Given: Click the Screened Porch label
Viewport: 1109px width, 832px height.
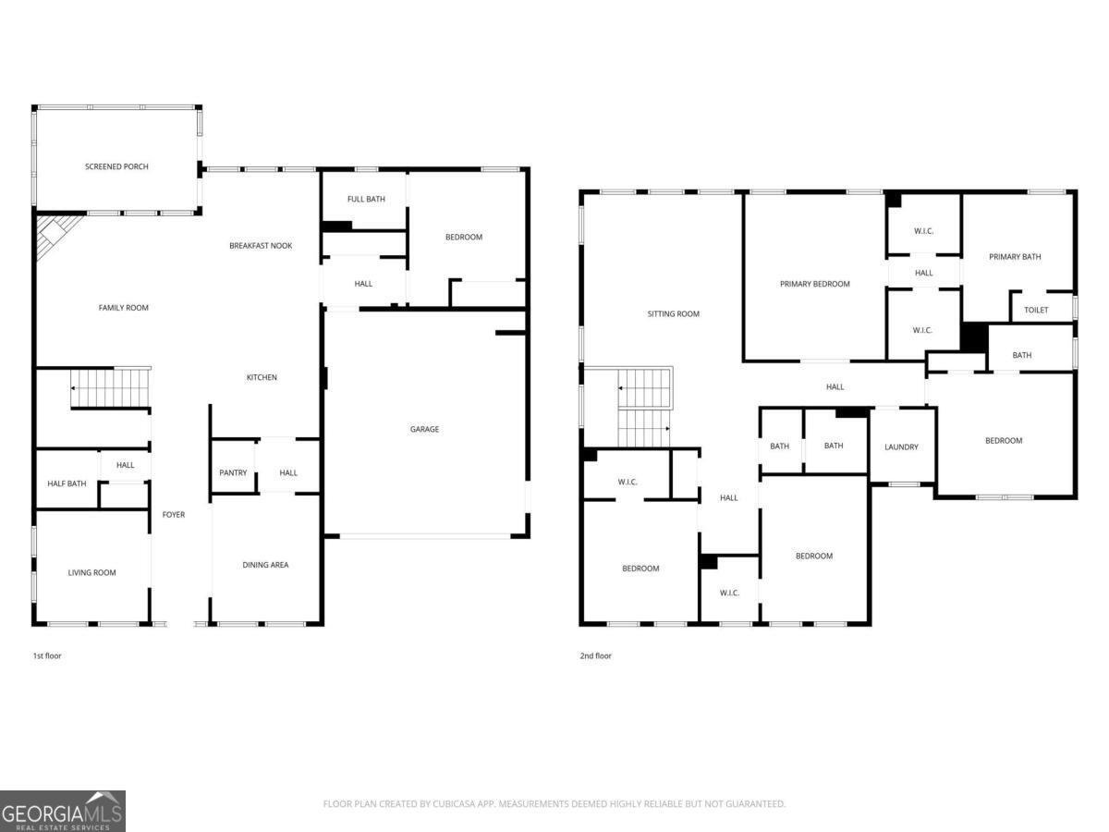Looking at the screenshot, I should (x=116, y=166).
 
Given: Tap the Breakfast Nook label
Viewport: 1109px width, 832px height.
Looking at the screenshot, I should (x=261, y=245).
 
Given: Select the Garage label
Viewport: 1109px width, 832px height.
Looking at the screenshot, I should (x=424, y=429).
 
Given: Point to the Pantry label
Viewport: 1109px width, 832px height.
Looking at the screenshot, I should (x=233, y=472).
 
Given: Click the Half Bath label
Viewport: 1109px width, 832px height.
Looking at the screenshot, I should (x=67, y=483).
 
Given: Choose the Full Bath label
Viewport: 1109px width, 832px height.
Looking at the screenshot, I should (x=366, y=199).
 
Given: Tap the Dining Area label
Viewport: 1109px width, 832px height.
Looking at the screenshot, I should (x=265, y=564).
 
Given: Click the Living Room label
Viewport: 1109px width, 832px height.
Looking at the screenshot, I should (x=91, y=572).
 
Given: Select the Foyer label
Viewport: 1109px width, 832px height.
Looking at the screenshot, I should (x=174, y=514).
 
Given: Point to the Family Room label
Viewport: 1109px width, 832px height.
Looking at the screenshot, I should (x=123, y=308).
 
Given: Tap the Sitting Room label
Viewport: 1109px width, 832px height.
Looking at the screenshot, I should (x=673, y=313).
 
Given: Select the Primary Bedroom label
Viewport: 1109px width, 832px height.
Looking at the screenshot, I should (x=814, y=284).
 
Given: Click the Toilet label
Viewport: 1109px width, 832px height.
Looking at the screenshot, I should (x=1036, y=310).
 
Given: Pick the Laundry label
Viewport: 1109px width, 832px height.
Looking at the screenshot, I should (x=901, y=447).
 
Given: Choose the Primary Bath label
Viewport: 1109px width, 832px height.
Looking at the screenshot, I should (x=1015, y=256).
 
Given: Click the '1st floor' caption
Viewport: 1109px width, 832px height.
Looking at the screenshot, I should (x=47, y=655).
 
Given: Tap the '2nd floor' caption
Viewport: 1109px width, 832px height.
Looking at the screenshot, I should (x=596, y=655).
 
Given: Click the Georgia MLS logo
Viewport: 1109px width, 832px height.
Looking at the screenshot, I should (x=63, y=811).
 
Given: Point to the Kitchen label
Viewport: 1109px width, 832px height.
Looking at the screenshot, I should (x=262, y=377).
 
